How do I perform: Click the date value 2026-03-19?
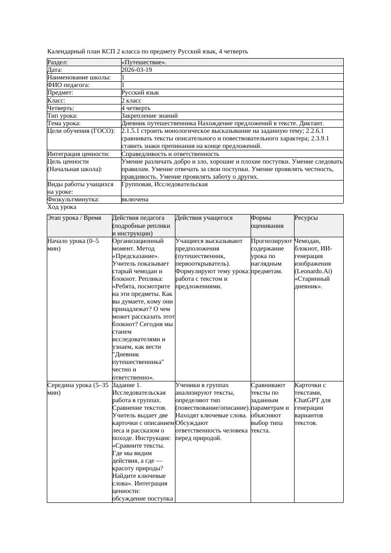coord(137,70)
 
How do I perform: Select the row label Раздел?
coord(58,62)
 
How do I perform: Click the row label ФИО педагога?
coord(69,85)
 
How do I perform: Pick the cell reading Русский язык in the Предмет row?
coord(140,93)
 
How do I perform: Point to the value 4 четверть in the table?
coord(136,108)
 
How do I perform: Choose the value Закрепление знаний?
coord(149,115)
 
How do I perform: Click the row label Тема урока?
coord(64,123)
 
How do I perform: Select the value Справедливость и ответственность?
coord(170,154)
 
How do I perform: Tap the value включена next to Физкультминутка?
coord(135,199)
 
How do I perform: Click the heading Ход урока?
coord(62,207)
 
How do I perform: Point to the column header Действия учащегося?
coord(204,218)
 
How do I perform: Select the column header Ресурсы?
coord(306,218)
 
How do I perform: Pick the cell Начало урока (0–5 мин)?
coord(73,244)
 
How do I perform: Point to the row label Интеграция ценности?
coord(78,154)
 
